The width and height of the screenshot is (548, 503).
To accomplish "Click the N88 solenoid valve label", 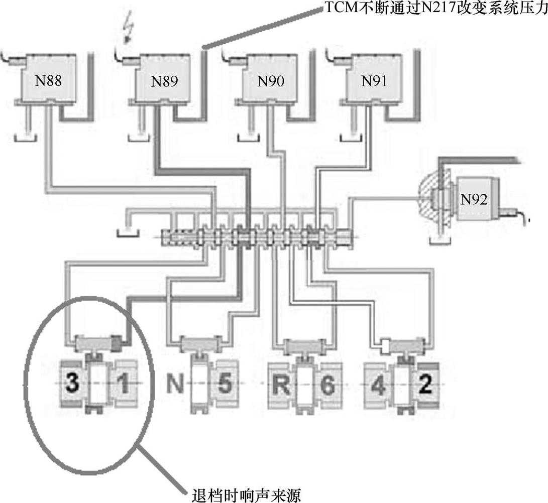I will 49,80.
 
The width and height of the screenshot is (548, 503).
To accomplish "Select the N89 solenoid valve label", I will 164,81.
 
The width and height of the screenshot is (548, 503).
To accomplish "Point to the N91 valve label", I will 374,81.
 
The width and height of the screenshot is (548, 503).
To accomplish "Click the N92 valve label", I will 474,200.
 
